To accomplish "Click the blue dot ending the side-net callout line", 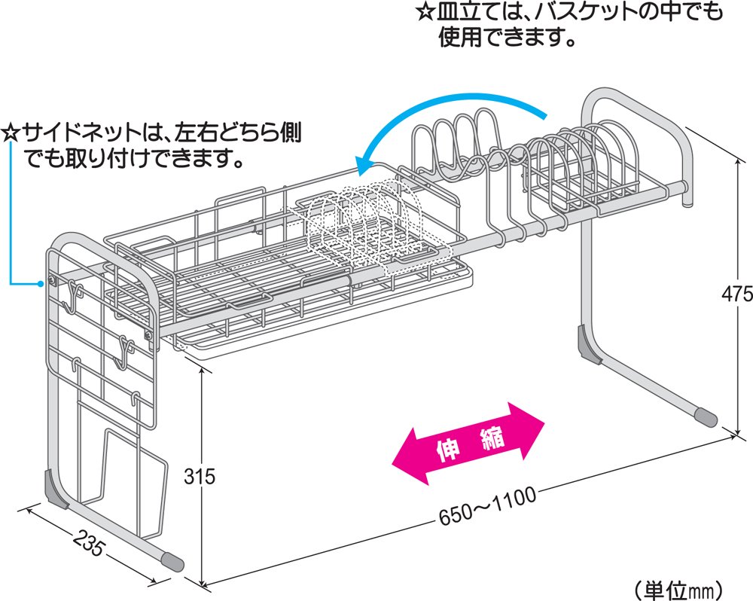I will pyautogui.click(x=41, y=284).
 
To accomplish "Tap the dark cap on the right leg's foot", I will pyautogui.click(x=706, y=416).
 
